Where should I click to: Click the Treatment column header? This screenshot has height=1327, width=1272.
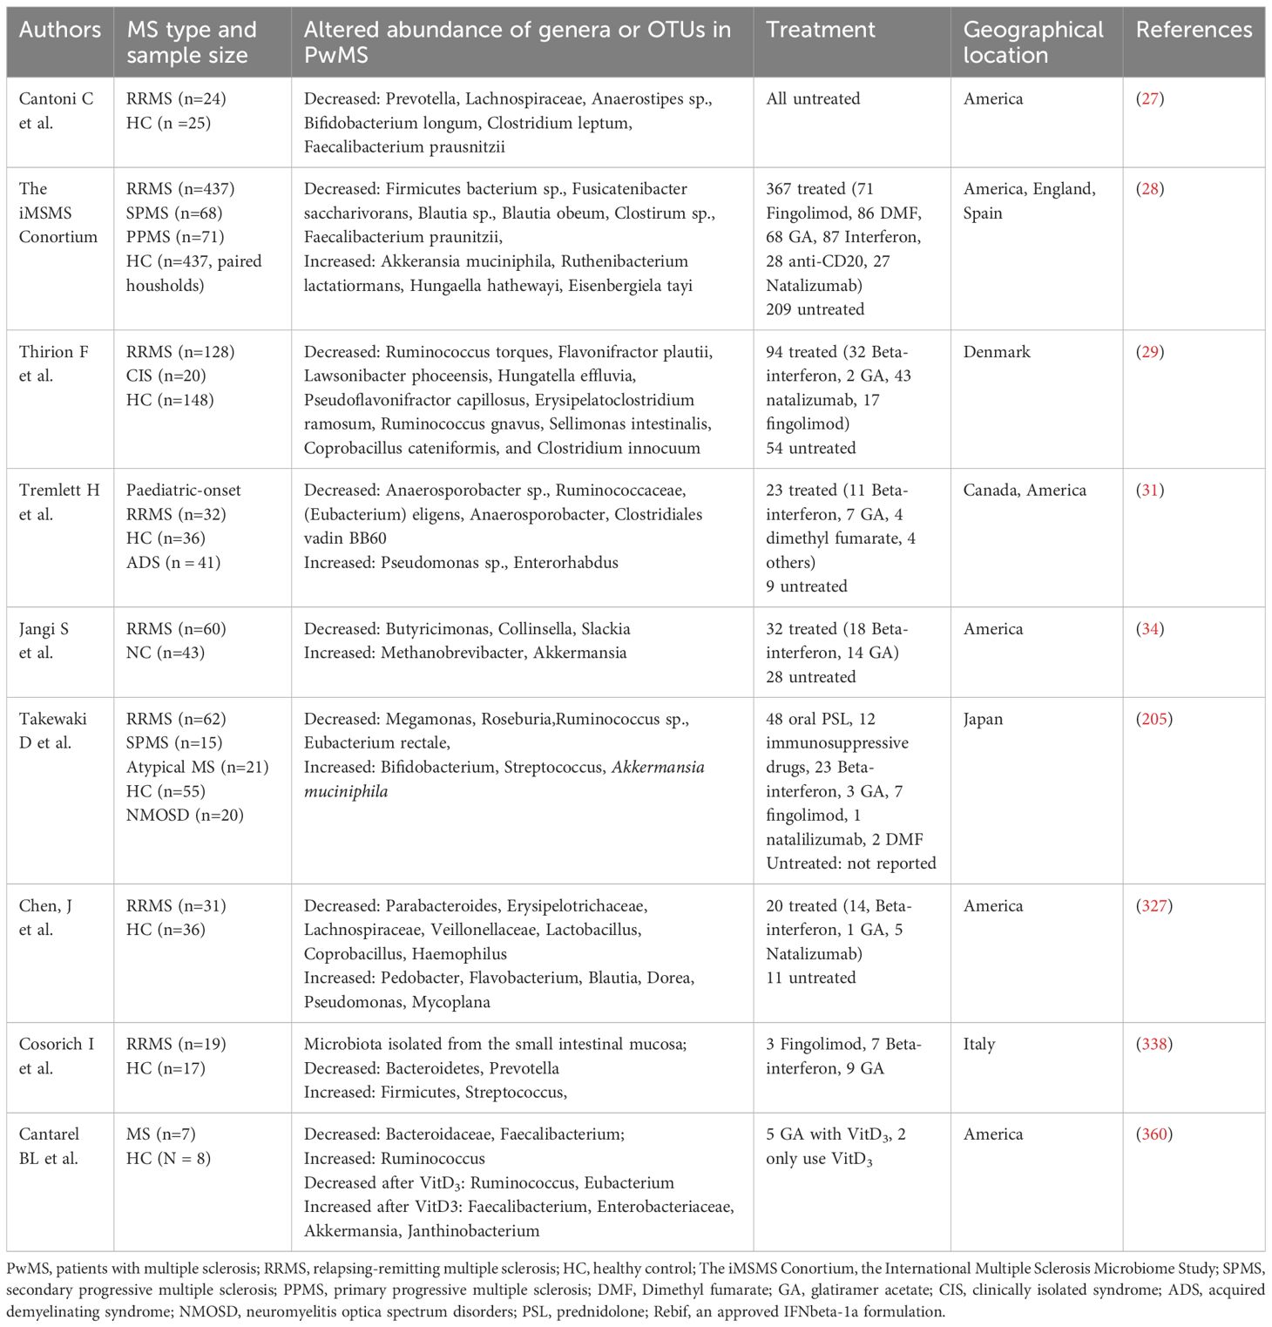820,30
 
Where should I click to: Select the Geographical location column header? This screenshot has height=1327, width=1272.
1032,42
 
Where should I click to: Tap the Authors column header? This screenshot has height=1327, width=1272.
60,30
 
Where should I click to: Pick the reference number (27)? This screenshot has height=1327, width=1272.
1150,98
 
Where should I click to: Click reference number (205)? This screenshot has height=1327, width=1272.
1154,719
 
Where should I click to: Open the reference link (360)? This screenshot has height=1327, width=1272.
1154,1134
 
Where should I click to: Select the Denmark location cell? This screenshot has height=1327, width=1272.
996,352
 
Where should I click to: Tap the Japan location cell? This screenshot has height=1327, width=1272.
983,719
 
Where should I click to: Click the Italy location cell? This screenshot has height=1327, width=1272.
978,1044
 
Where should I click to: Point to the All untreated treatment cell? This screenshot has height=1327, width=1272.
813,98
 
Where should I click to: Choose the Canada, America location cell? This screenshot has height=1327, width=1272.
1025,490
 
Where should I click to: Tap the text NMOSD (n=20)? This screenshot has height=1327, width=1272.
185,816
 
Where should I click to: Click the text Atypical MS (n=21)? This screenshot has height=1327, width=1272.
197,767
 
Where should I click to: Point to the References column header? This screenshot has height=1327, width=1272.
1194,30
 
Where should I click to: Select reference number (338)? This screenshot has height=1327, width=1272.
1154,1044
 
